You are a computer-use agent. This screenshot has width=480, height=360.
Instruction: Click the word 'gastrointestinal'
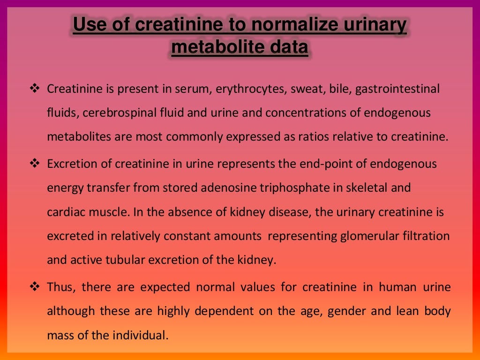click(397, 89)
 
